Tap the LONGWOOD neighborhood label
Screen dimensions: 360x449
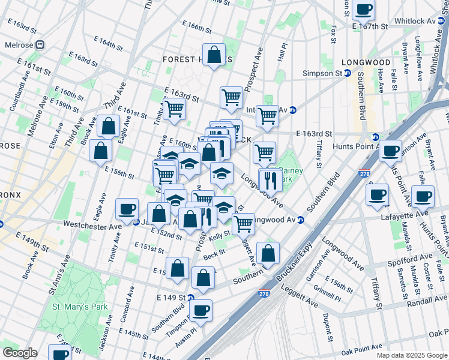click(x=366, y=62)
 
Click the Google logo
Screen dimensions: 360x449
click(x=20, y=353)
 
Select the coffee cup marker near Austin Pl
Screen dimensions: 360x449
click(x=201, y=311)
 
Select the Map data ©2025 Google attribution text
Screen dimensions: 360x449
click(x=411, y=355)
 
